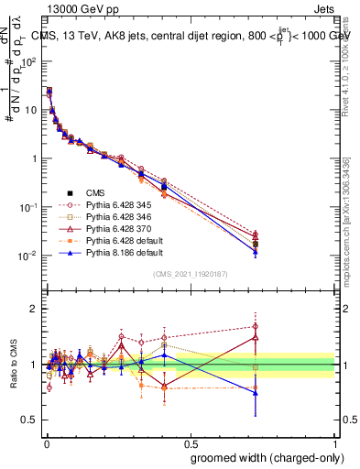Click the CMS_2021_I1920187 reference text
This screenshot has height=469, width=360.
tap(190, 274)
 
